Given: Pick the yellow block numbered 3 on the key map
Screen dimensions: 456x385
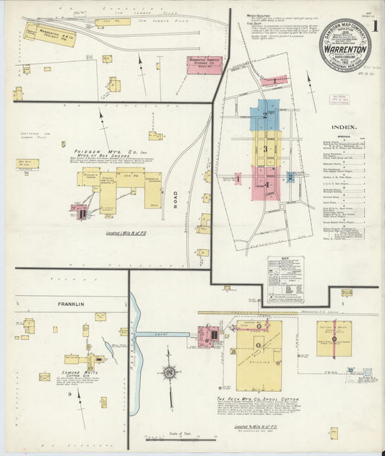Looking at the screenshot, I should tap(266, 149).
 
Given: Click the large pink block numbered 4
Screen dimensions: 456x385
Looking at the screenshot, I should tap(266, 184).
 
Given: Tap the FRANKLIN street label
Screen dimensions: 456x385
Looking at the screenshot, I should tap(72, 304).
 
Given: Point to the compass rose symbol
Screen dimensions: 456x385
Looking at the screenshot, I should tap(169, 373).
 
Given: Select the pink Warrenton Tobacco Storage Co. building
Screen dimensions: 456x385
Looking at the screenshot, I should tap(204, 65).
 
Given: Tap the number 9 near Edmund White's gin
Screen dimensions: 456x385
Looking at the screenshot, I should tap(70, 395).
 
